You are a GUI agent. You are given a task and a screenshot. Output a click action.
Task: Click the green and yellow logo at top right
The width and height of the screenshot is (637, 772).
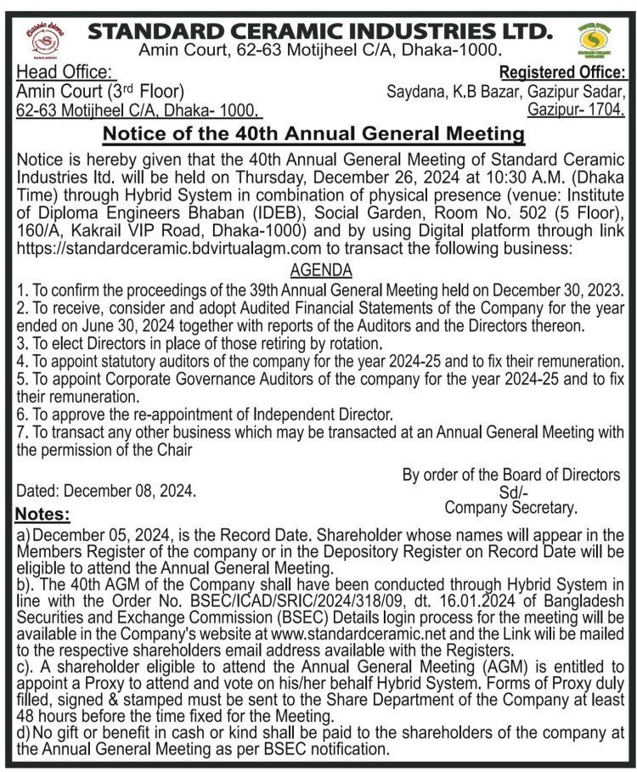point(598,39)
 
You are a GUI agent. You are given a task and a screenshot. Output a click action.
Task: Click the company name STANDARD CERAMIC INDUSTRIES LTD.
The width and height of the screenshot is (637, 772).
point(318,31)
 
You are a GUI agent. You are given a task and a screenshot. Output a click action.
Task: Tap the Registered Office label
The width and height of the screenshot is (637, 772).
point(564,72)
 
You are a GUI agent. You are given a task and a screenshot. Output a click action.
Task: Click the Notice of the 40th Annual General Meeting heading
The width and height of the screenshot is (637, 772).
point(313,134)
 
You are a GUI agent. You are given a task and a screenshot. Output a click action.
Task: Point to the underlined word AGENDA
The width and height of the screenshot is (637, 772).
point(319,270)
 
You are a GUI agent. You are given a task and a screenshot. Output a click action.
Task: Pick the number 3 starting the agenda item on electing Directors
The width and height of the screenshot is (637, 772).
point(20,344)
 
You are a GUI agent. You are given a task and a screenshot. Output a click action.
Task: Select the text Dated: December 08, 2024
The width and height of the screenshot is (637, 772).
point(106,491)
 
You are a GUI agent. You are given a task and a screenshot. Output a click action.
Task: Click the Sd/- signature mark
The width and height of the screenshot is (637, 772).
point(512,493)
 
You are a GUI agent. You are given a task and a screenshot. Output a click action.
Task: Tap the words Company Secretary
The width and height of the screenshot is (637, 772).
point(510,508)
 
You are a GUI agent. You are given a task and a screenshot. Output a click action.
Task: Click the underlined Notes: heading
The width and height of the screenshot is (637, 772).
point(43,515)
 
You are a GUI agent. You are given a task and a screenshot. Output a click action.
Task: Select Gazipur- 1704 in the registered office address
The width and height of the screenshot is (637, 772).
point(576,110)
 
